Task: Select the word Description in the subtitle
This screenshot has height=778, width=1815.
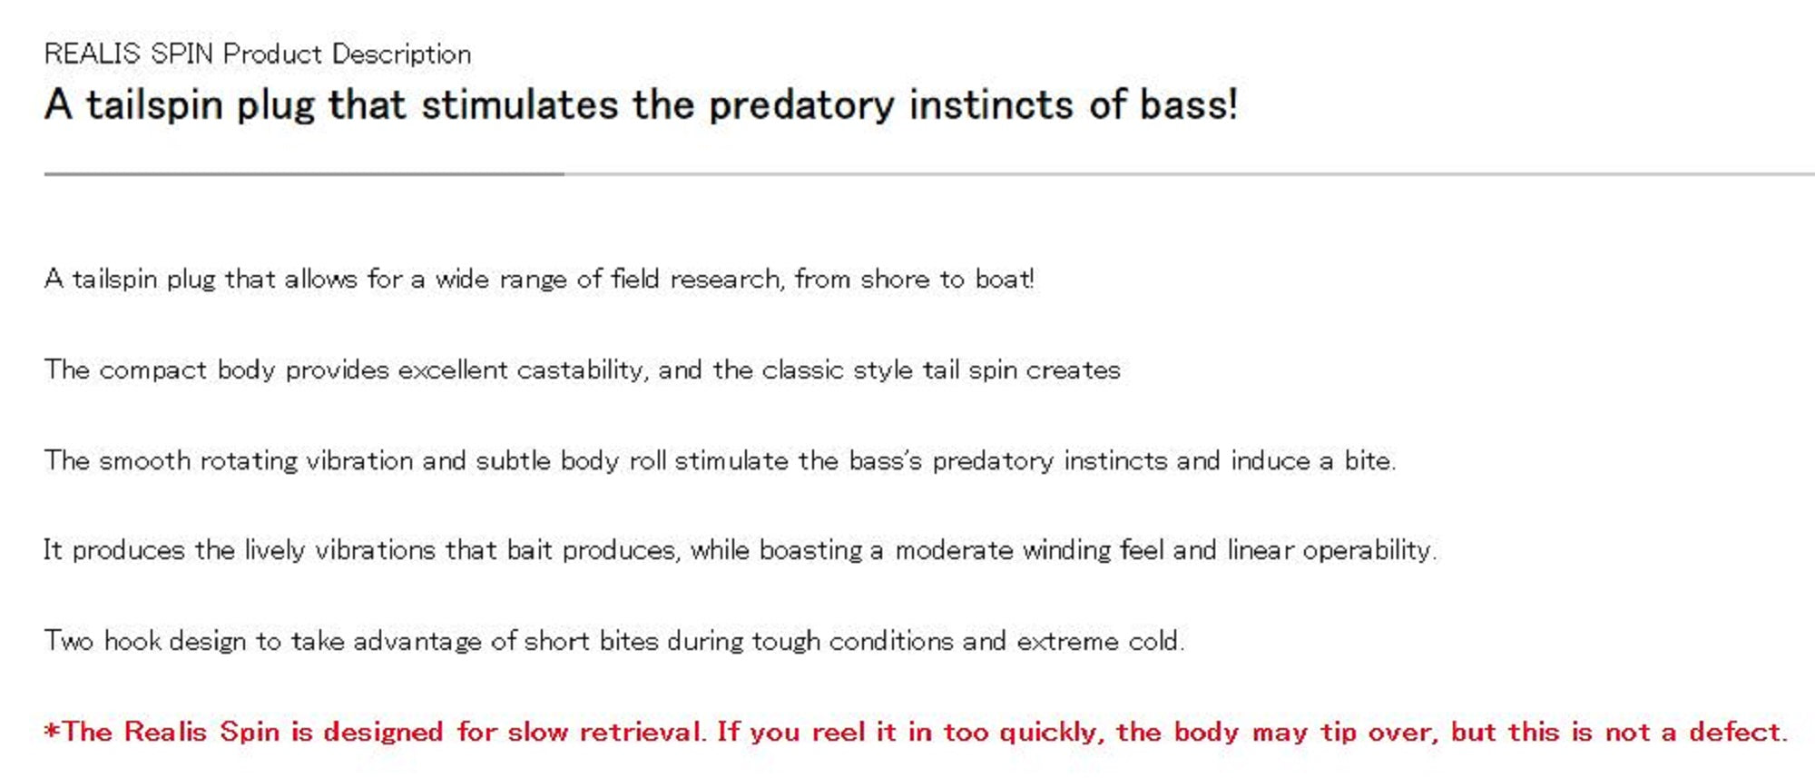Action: click(x=401, y=54)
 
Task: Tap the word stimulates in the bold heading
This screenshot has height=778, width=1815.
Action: click(x=520, y=104)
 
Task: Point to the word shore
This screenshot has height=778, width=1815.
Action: click(x=895, y=279)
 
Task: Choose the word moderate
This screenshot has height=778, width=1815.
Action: click(x=954, y=550)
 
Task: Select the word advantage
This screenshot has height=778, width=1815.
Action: click(x=417, y=642)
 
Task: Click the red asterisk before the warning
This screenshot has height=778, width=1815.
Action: click(x=53, y=730)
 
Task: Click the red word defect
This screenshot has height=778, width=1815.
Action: click(x=1738, y=732)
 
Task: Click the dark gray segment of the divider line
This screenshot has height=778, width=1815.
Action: click(x=304, y=173)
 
